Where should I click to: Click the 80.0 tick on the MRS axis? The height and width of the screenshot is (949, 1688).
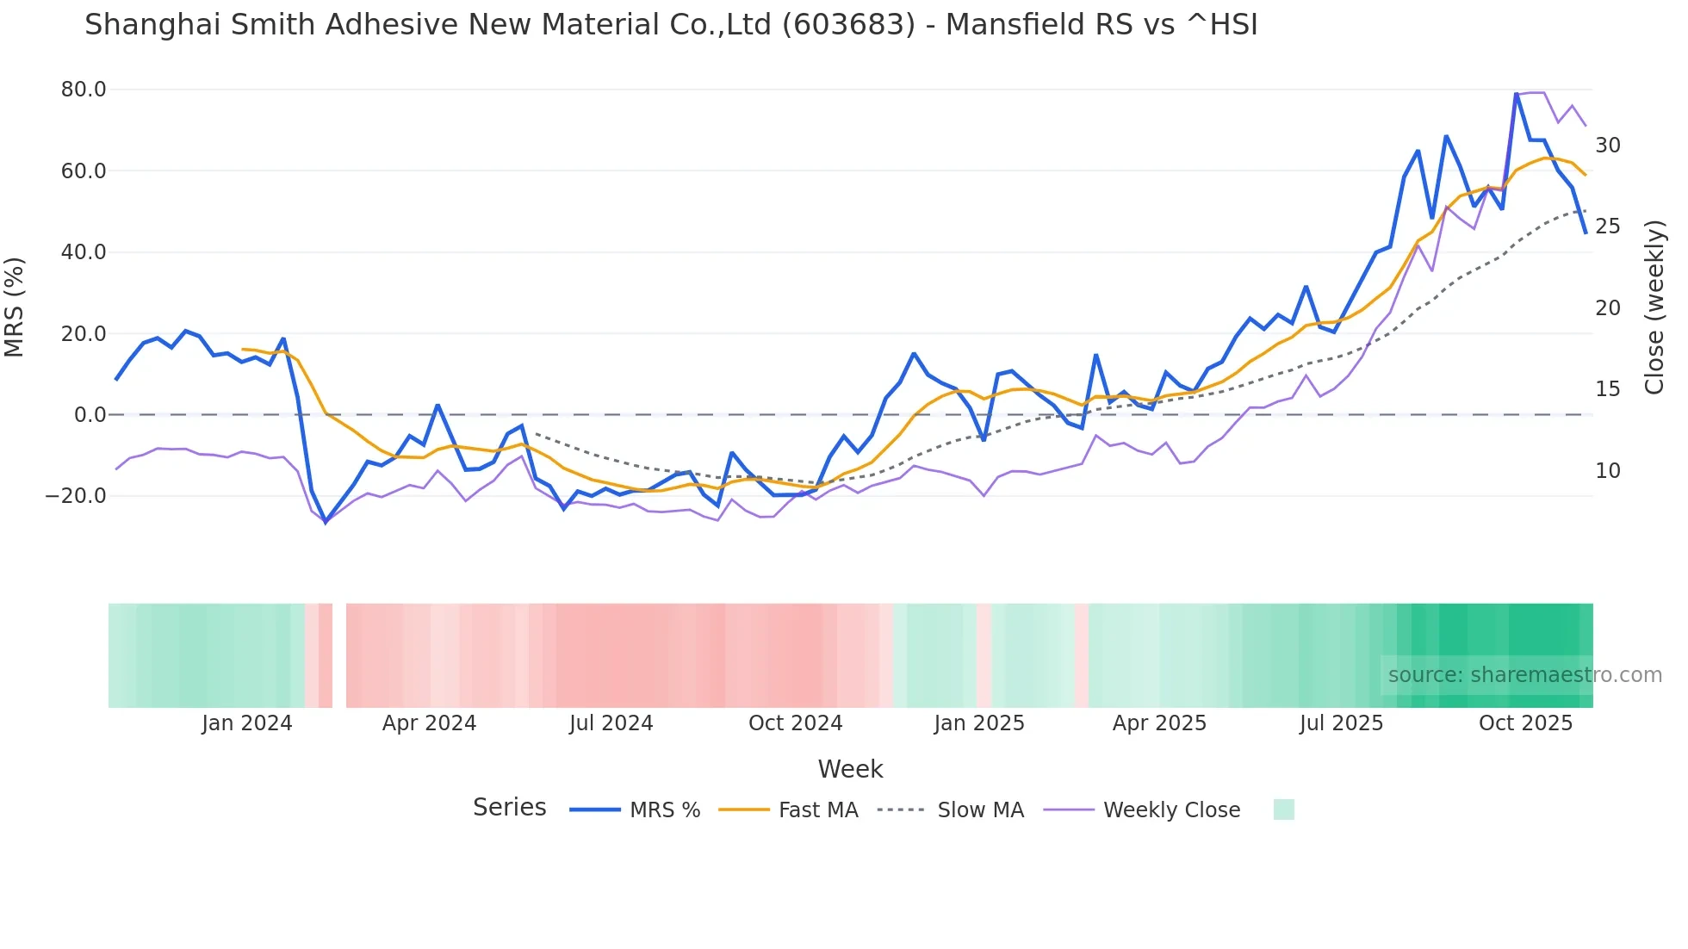(x=84, y=90)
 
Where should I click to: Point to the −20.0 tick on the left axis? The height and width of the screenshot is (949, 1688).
(x=76, y=496)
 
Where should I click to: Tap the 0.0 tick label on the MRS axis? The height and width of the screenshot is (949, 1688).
(x=90, y=415)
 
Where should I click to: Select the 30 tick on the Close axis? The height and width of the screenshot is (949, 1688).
(x=1608, y=146)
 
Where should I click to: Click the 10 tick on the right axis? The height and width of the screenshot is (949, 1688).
(x=1608, y=471)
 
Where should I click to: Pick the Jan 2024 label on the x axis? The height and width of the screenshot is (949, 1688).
(x=247, y=723)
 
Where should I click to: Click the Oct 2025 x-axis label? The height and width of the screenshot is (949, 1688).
(x=1525, y=723)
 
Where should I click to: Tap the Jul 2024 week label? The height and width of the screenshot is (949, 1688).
(x=611, y=723)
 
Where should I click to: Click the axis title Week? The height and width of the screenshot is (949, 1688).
(x=850, y=769)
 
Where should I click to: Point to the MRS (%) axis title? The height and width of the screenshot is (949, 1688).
(x=15, y=307)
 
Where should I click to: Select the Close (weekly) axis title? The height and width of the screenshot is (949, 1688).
(x=1654, y=307)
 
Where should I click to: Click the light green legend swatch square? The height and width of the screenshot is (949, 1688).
(x=1283, y=809)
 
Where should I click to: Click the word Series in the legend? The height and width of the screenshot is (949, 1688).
(x=509, y=808)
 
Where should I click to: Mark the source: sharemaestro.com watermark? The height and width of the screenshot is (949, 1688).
(x=1524, y=675)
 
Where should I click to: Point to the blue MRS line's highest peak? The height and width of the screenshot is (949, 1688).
(x=1516, y=94)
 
